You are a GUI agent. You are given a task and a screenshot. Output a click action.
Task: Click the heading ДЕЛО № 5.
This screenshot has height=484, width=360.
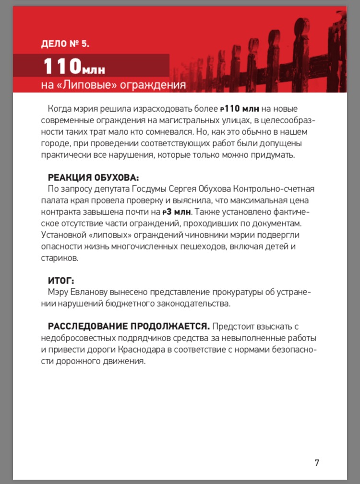pos(65,44)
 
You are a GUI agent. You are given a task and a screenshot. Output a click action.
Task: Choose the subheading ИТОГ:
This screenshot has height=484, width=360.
pos(61,281)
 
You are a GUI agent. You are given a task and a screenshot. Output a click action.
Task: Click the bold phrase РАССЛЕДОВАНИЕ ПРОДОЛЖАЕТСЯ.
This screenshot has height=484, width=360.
pos(129,327)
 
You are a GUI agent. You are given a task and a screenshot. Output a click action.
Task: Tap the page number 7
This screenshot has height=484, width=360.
pos(317,463)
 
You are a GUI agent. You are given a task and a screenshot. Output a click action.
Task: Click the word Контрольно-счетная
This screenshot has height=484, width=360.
pos(269,189)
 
